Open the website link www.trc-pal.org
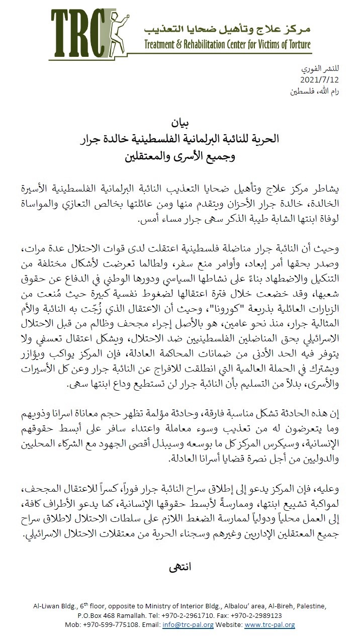point(269,625)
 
